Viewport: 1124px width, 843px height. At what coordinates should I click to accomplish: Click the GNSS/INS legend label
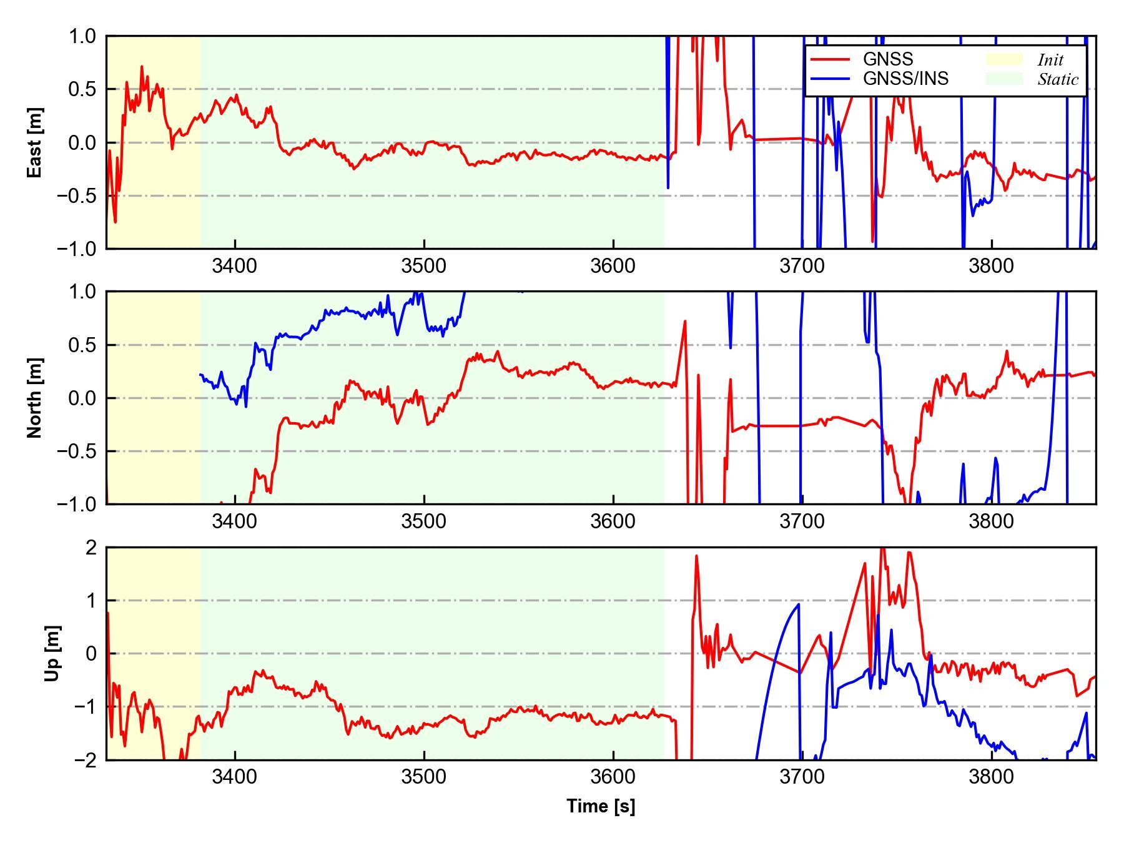click(905, 79)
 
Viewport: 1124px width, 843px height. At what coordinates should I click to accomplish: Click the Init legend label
click(1050, 60)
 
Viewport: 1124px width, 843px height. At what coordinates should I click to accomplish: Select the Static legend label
click(1058, 79)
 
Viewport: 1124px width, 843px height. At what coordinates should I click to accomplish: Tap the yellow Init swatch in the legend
click(1004, 59)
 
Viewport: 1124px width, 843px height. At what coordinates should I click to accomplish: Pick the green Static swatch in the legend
click(1004, 79)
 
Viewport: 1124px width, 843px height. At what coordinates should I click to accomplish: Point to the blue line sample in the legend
click(830, 79)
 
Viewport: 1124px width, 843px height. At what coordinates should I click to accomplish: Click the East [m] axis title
click(35, 142)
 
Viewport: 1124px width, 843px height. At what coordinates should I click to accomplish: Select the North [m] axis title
click(35, 398)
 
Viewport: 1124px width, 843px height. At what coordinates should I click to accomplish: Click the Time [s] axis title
click(601, 807)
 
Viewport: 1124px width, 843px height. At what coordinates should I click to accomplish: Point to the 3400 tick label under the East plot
click(235, 266)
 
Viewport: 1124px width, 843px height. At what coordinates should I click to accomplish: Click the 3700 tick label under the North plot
click(802, 521)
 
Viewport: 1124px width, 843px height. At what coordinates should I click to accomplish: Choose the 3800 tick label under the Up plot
click(991, 777)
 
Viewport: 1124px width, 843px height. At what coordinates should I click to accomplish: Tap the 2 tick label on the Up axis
click(91, 548)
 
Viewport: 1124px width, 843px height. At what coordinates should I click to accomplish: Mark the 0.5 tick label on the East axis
click(82, 89)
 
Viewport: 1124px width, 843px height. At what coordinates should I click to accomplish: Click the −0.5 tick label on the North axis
click(76, 451)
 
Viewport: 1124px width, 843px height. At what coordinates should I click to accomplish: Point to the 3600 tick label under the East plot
click(613, 266)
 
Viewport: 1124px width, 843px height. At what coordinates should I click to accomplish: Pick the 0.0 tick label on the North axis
click(82, 398)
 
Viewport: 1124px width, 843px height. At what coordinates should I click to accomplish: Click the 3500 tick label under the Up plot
click(424, 777)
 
